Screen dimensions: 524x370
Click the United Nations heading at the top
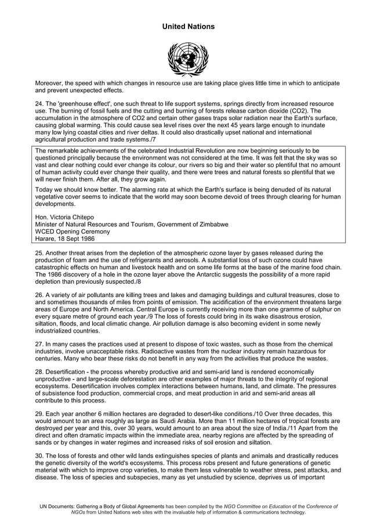pos(188,27)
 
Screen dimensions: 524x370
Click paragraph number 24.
pos(40,103)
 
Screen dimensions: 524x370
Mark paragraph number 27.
pos(40,344)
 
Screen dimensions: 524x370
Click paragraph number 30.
pos(40,456)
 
